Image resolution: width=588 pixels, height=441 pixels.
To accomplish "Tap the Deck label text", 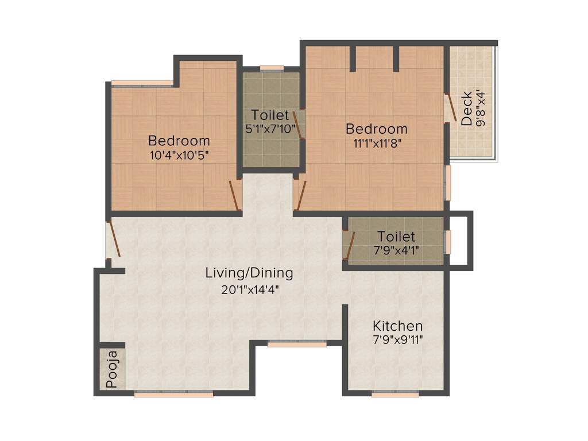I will coord(467,109).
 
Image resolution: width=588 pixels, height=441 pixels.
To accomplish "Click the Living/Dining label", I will coord(249,273).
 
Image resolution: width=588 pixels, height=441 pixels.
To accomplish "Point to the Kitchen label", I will coord(397,326).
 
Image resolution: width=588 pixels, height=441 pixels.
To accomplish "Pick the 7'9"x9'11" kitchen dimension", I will coord(397,339).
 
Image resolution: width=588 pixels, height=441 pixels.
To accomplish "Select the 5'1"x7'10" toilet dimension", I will coord(270,129).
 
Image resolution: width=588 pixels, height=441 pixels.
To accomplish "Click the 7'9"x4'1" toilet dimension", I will coord(396,250).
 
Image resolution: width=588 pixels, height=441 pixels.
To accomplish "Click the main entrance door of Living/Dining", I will coord(113,238).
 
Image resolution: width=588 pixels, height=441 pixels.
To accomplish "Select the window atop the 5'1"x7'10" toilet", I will coord(272,68).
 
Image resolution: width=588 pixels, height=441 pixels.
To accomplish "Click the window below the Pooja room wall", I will coord(173,394).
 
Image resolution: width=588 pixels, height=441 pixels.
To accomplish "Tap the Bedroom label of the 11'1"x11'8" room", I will coord(376,129).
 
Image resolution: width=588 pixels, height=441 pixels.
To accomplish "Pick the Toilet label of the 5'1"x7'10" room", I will coord(270,115).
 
